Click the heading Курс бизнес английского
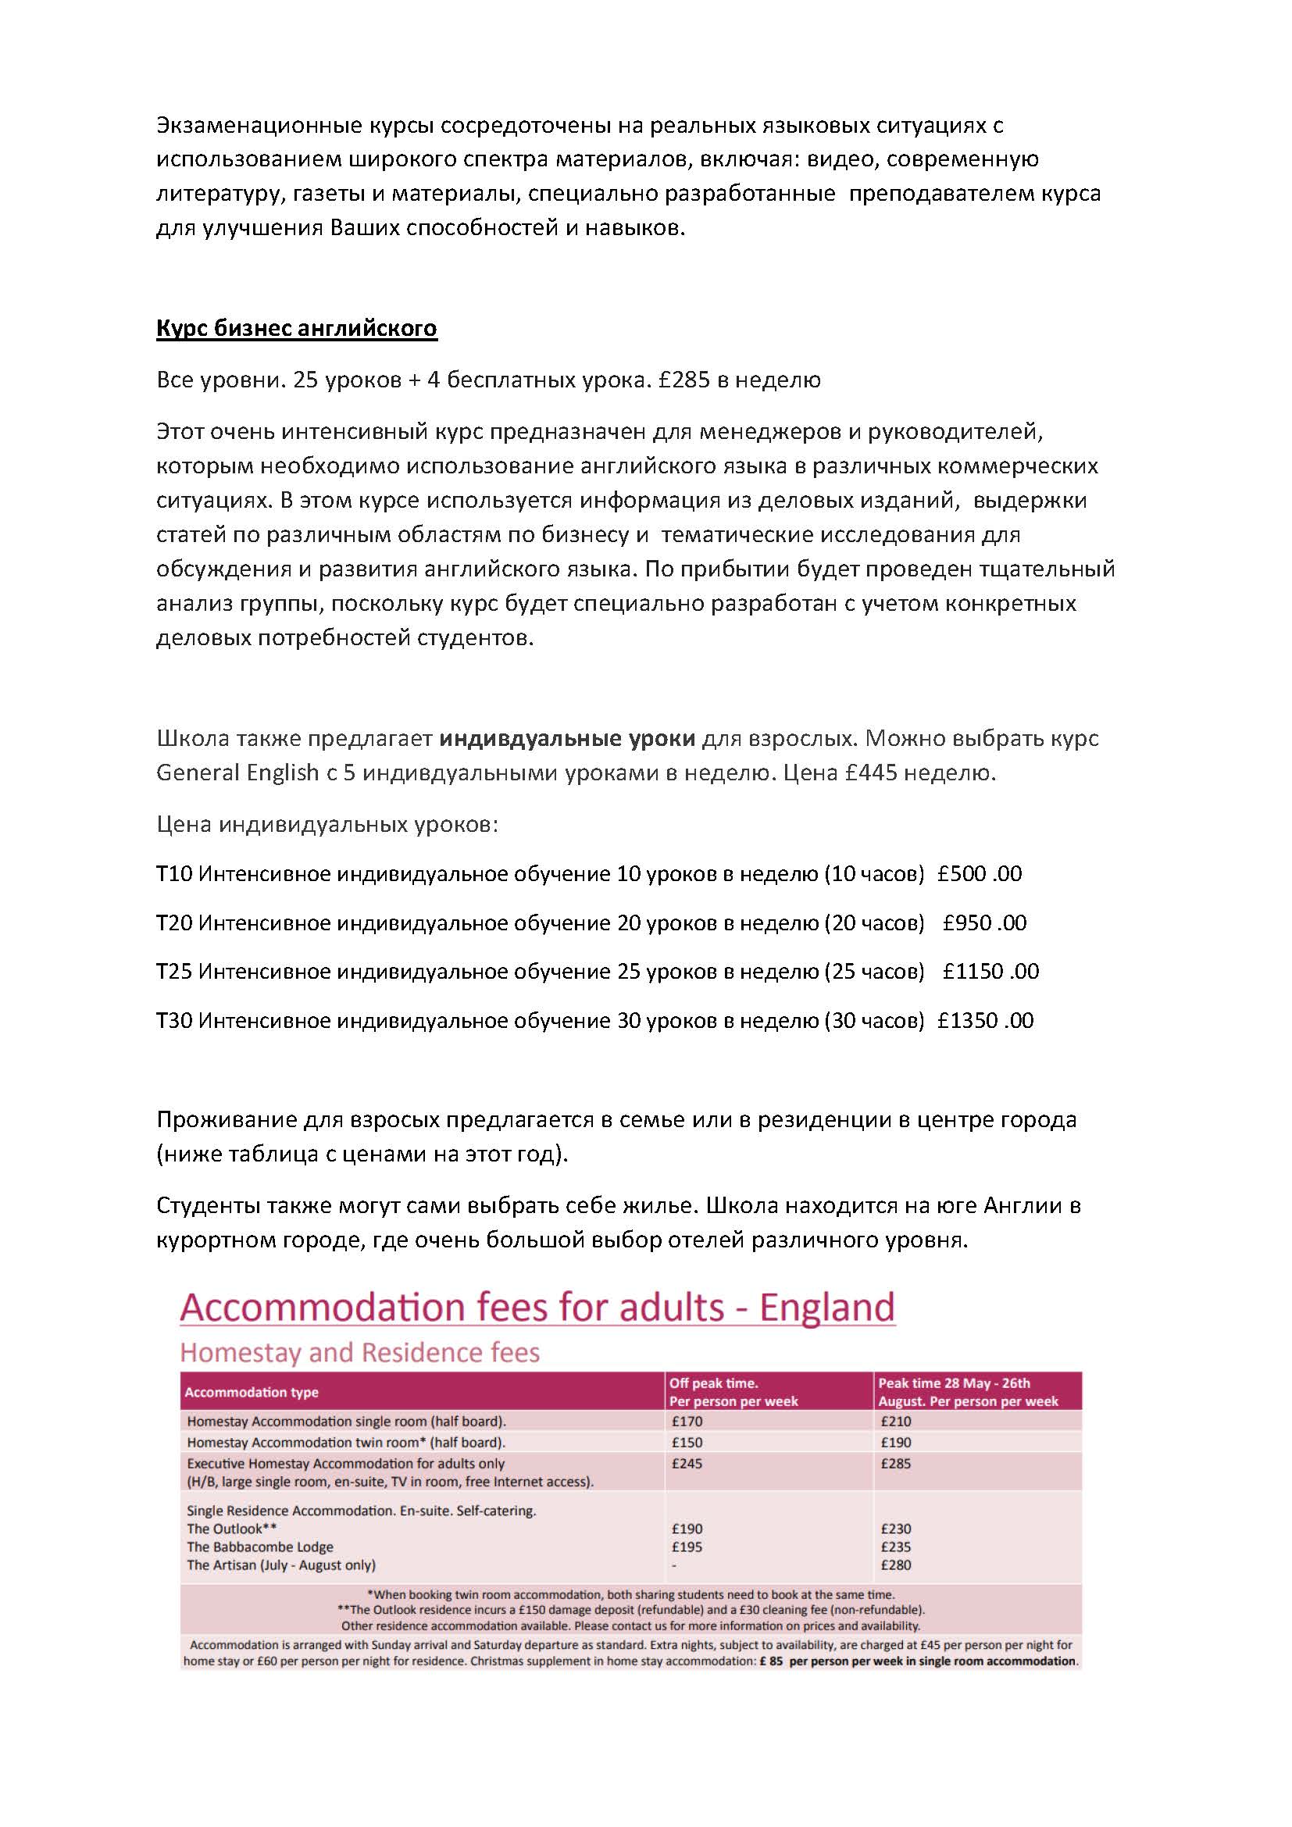click(x=296, y=329)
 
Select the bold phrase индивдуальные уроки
click(x=567, y=738)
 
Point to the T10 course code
click(x=174, y=874)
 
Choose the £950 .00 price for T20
click(x=984, y=923)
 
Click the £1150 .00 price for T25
click(x=990, y=972)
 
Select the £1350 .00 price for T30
click(x=985, y=1021)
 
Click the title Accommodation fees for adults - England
click(x=537, y=1308)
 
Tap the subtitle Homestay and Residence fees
click(x=359, y=1353)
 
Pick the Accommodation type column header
click(x=252, y=1393)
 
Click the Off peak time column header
click(x=714, y=1384)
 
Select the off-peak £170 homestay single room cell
click(x=687, y=1421)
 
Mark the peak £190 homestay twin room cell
click(x=896, y=1443)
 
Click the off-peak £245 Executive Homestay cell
click(x=687, y=1463)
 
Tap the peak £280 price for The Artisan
click(x=896, y=1565)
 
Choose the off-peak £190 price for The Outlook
click(x=687, y=1529)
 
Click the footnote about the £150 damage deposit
click(x=631, y=1611)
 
